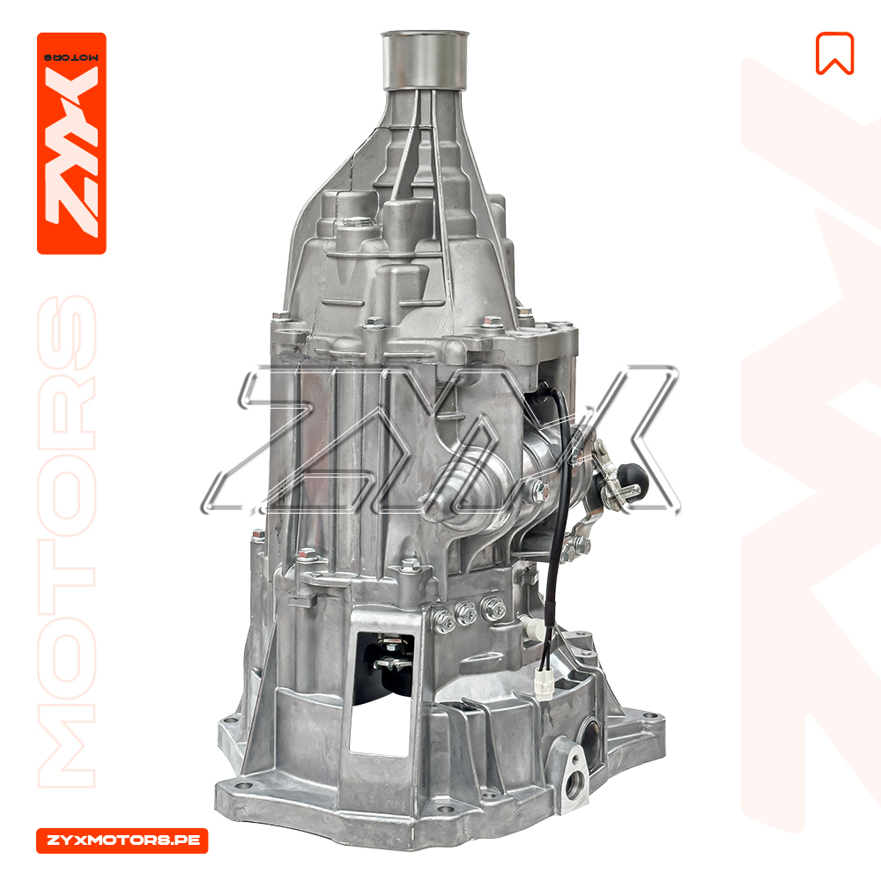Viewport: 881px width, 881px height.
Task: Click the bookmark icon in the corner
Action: point(834,54)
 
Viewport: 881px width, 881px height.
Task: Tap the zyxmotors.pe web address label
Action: point(122,840)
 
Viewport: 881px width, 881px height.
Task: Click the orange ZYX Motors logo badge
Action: point(71,144)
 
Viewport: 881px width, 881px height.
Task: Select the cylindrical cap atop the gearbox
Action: point(425,60)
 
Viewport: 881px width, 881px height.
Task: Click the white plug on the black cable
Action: point(544,684)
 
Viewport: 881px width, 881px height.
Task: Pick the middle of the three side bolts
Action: point(466,613)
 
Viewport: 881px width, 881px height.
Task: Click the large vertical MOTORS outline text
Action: point(67,541)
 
